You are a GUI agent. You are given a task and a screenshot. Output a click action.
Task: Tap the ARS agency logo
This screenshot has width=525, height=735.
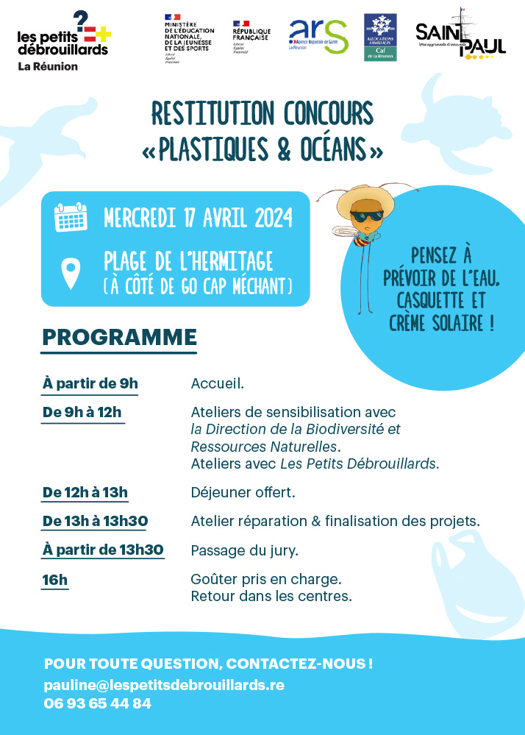(318, 35)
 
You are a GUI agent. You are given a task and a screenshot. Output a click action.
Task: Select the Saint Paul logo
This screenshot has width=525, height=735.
(460, 36)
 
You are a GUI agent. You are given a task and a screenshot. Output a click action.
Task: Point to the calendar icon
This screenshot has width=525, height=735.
(71, 218)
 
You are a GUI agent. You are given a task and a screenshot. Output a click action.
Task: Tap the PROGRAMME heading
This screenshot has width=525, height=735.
(119, 337)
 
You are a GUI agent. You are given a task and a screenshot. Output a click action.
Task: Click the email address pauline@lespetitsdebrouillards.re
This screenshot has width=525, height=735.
(163, 684)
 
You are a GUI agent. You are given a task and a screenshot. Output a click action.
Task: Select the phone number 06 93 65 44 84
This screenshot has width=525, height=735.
(97, 703)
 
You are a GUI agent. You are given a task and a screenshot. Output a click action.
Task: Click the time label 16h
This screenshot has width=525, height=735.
(55, 580)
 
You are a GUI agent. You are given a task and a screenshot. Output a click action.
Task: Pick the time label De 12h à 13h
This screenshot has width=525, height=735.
(85, 492)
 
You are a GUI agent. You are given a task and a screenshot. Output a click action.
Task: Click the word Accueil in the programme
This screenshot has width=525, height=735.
(216, 383)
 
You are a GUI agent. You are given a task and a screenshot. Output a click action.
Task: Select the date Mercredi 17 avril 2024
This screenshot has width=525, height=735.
(198, 219)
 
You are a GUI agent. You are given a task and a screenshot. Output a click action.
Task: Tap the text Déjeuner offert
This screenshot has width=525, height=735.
(243, 492)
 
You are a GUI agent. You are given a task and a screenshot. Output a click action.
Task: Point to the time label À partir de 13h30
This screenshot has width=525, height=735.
(103, 550)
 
